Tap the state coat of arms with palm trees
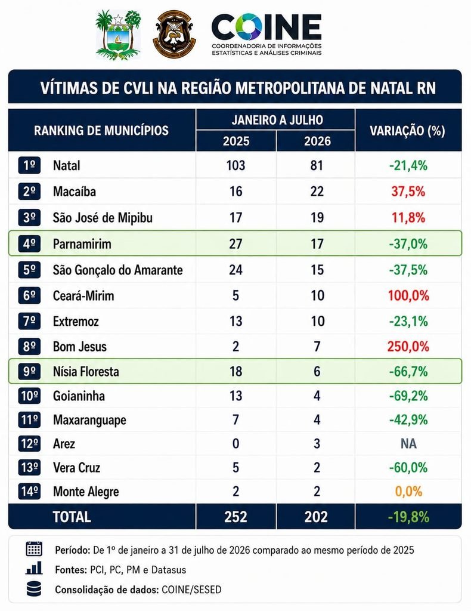click(118, 35)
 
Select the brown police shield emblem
click(174, 34)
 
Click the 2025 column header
click(236, 141)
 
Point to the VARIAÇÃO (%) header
click(407, 130)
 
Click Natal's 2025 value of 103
click(236, 165)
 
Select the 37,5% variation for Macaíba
click(408, 192)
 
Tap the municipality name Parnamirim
click(82, 244)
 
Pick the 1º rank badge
click(29, 165)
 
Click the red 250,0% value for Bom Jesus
click(408, 347)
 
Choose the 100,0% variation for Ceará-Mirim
click(408, 295)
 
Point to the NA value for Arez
click(408, 443)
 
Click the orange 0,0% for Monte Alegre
click(408, 492)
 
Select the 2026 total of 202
click(316, 517)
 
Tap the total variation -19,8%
click(408, 517)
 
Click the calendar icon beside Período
click(34, 549)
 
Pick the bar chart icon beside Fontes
click(34, 568)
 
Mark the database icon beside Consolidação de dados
click(34, 589)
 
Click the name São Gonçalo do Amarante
click(118, 270)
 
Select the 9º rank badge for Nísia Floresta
click(29, 371)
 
